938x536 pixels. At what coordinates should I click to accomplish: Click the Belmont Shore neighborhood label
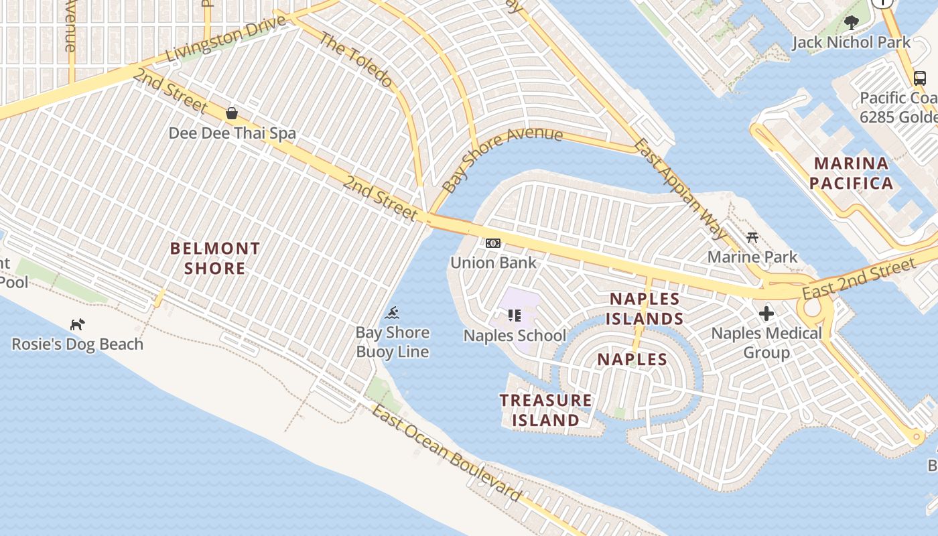click(214, 259)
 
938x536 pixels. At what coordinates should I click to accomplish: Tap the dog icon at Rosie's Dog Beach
click(78, 325)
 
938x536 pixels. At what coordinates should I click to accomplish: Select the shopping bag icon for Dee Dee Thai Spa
click(232, 113)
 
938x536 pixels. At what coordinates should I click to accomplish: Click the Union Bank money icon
click(493, 243)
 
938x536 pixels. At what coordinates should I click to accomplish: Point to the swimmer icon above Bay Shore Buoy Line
click(393, 313)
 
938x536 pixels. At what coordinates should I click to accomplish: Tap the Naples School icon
click(515, 315)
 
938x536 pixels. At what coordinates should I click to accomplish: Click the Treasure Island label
click(545, 410)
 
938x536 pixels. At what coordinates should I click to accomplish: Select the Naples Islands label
click(645, 309)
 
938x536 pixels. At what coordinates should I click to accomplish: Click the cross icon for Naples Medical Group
click(766, 313)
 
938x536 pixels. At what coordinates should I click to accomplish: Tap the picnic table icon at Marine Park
click(752, 238)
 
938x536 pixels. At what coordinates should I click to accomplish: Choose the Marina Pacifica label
click(851, 173)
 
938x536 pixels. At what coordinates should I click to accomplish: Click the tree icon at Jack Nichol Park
click(851, 23)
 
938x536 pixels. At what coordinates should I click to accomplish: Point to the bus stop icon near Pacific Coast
click(920, 78)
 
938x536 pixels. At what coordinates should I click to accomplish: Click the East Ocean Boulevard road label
click(446, 453)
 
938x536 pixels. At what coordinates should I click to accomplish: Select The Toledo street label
click(355, 60)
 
